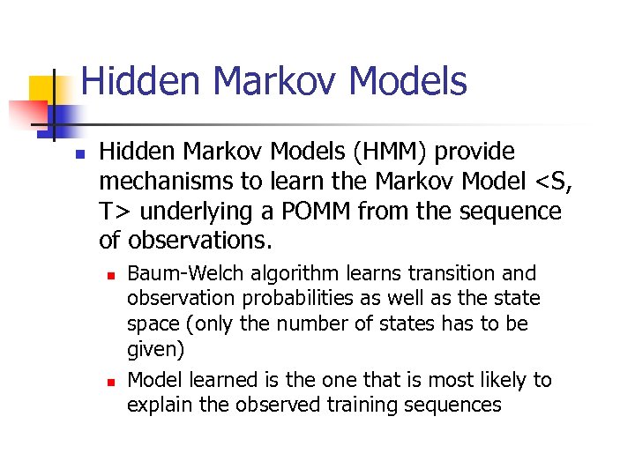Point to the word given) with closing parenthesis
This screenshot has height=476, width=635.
pyautogui.click(x=156, y=350)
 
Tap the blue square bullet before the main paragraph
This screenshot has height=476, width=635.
pyautogui.click(x=78, y=153)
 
